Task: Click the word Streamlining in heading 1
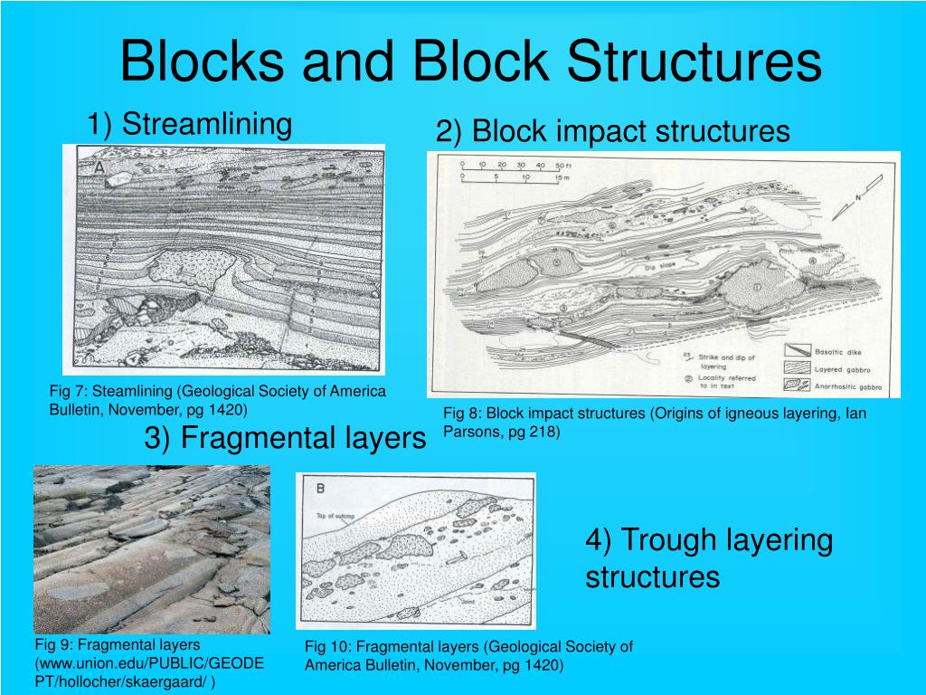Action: tap(207, 124)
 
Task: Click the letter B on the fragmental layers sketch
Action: tap(319, 490)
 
